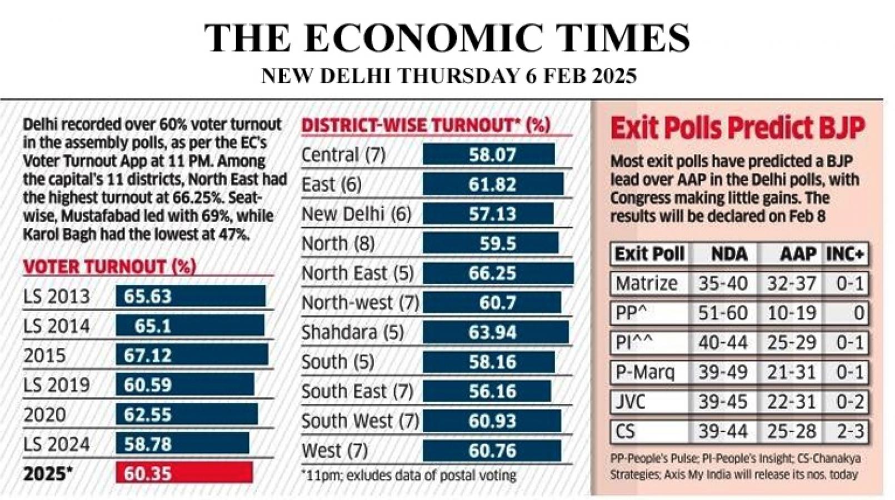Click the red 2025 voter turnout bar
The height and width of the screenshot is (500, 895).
coord(184,473)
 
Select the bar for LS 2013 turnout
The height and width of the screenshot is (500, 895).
coord(190,296)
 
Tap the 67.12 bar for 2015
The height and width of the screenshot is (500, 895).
coord(192,355)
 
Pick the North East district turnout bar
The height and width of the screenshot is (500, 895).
coord(497,273)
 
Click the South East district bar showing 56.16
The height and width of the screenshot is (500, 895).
coord(487,391)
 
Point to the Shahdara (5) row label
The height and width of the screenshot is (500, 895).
coord(352,332)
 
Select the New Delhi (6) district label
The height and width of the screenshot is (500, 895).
coord(356,214)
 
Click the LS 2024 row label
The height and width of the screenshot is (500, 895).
coord(56,444)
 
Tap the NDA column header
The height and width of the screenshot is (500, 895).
coord(729,254)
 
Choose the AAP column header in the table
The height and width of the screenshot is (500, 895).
coord(798,254)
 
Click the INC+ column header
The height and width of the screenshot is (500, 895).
coord(845,254)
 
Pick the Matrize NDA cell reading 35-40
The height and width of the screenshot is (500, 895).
coord(722,283)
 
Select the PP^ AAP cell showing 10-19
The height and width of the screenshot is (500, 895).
coord(791,313)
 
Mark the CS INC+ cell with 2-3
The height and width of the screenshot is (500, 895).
coord(850,431)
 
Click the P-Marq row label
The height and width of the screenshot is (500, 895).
coord(644,372)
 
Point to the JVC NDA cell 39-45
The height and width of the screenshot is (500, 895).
coord(722,402)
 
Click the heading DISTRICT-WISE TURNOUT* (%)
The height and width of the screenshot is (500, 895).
coord(426,125)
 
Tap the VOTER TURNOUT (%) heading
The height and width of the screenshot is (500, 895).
coord(109,267)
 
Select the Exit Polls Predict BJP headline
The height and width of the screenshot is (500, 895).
coord(737,128)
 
